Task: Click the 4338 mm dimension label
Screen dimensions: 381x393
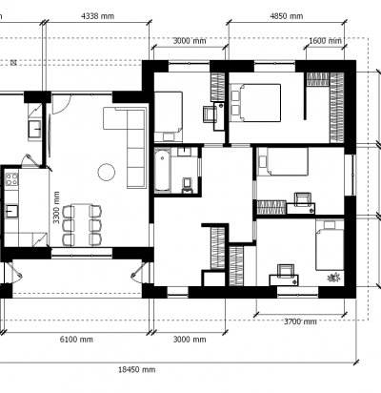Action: click(x=98, y=16)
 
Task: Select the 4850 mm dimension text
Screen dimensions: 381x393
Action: click(x=287, y=16)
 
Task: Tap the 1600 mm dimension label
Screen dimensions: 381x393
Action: click(x=325, y=41)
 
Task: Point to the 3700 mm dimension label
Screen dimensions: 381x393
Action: click(x=300, y=321)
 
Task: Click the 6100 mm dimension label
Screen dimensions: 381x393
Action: click(x=76, y=340)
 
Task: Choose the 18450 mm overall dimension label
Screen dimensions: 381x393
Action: click(x=137, y=369)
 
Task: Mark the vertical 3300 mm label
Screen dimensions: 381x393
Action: click(x=56, y=207)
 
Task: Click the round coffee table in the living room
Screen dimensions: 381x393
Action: click(x=107, y=172)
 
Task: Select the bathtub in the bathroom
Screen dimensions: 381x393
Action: click(x=162, y=171)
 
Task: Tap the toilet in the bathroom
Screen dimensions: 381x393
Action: click(x=188, y=186)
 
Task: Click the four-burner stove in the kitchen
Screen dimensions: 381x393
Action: click(x=11, y=179)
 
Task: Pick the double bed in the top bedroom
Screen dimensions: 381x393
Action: click(x=255, y=102)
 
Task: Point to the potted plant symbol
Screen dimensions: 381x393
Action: click(x=333, y=278)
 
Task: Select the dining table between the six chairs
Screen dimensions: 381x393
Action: click(x=82, y=223)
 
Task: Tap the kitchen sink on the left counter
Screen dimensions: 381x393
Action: click(x=11, y=211)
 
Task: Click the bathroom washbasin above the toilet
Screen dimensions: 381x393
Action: click(x=184, y=152)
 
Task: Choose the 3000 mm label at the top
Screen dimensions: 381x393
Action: click(x=190, y=41)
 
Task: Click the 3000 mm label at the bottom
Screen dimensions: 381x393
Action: click(x=190, y=340)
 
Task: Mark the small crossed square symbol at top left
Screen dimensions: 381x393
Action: click(x=13, y=63)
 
